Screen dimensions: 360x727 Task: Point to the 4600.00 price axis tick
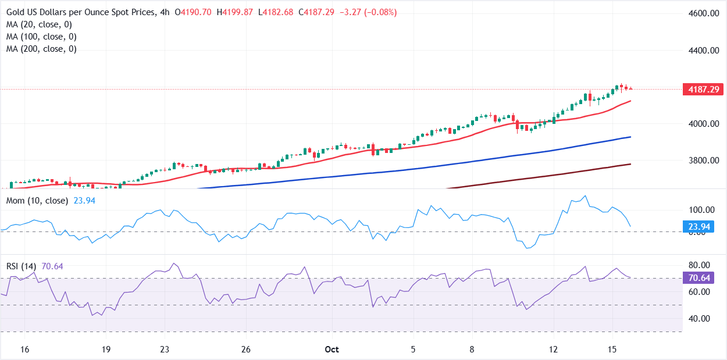[x=701, y=13]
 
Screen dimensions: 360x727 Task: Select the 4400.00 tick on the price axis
[x=701, y=51]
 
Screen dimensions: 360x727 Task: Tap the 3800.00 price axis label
[x=701, y=161]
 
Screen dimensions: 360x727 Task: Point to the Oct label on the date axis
[x=332, y=350]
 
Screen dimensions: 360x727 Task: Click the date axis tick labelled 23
[x=165, y=350]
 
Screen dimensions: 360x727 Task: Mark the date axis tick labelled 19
[x=106, y=350]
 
